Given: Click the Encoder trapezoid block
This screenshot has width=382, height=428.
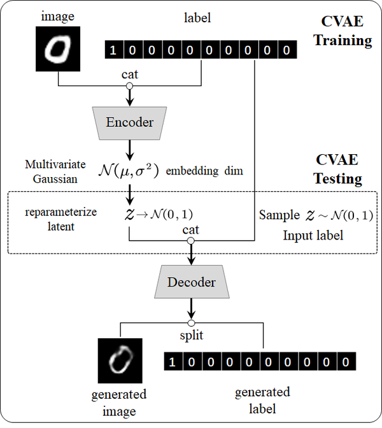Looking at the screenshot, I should point(130,122).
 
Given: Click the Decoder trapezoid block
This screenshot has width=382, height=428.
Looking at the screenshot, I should point(191,282).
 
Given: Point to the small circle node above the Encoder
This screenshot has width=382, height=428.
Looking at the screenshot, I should point(130,86).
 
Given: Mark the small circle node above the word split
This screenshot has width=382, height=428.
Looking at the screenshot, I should point(191,322).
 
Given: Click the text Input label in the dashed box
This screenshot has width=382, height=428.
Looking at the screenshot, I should point(313,236).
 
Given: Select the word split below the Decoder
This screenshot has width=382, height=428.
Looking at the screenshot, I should point(191,334).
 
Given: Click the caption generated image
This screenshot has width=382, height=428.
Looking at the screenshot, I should point(119,402).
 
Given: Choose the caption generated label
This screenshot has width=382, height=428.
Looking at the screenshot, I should point(262,399).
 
